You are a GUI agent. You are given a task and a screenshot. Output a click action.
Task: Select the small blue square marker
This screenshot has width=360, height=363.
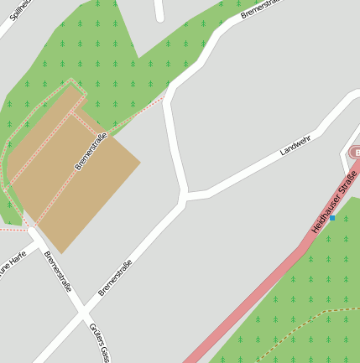coord(332,219)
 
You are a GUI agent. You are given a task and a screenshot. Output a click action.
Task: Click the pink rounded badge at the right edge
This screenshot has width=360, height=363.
coord(355,153)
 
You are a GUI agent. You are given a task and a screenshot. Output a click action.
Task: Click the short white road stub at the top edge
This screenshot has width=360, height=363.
coord(159,9)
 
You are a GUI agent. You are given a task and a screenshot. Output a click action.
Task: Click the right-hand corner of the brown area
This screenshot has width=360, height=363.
coord(139,158)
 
